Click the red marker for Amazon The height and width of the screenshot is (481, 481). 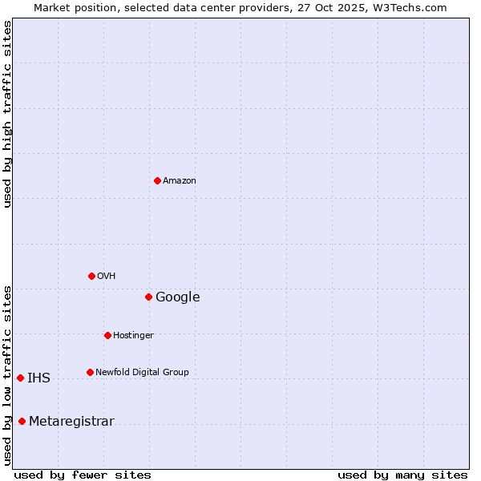pos(157,180)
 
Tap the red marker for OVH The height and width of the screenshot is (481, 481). pos(91,276)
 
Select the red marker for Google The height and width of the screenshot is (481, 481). pos(148,297)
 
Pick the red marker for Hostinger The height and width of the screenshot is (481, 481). pos(107,335)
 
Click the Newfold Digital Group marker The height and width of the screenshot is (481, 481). pos(90,372)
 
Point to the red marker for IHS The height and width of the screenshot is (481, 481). pos(20,378)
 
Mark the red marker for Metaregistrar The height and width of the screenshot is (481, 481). pos(22,421)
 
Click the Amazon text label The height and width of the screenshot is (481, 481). pos(180,181)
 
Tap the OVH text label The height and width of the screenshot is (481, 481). pos(107,277)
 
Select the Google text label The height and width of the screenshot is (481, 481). pos(178,297)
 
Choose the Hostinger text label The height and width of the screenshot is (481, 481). pos(133,336)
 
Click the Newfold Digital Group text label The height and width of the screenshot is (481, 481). pos(142,373)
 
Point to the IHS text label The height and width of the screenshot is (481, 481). pos(38,378)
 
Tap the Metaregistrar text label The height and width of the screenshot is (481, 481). pos(71,422)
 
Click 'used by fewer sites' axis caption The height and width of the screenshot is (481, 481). pos(83,475)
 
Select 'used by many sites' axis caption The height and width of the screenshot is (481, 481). pos(402,475)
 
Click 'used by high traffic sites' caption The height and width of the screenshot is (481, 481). pos(7,114)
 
